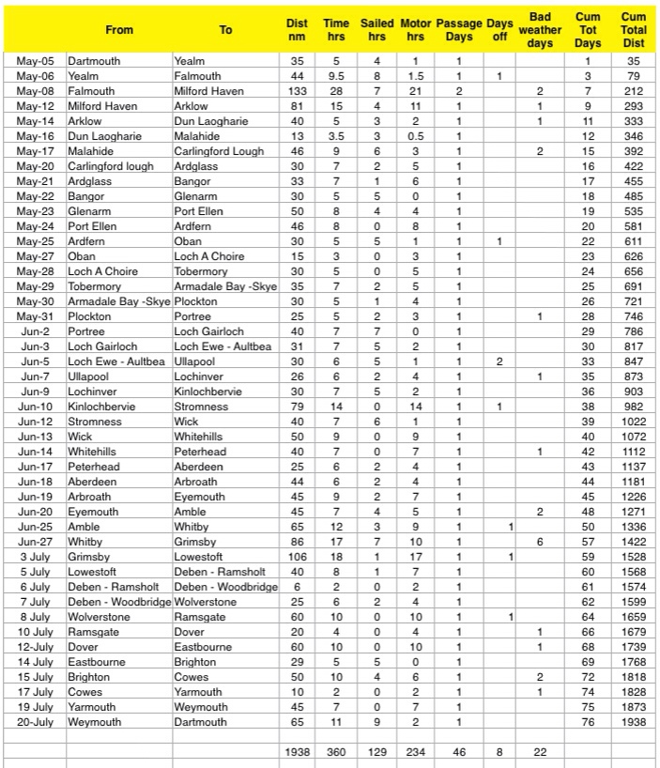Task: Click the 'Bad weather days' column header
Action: pos(540,30)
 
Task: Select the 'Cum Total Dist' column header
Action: pos(634,30)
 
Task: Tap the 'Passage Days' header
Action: pos(459,30)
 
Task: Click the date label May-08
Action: pos(37,91)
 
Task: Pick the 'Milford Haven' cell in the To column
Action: pos(208,91)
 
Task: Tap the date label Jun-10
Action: pos(37,407)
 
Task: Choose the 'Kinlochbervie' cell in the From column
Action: pos(101,407)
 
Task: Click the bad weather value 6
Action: pos(540,542)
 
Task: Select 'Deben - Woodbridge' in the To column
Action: pos(225,587)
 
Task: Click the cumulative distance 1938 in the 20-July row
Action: pos(634,722)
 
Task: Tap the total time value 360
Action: pos(335,753)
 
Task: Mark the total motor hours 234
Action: pos(414,753)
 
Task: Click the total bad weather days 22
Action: pos(540,753)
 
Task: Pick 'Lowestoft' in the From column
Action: pos(93,572)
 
